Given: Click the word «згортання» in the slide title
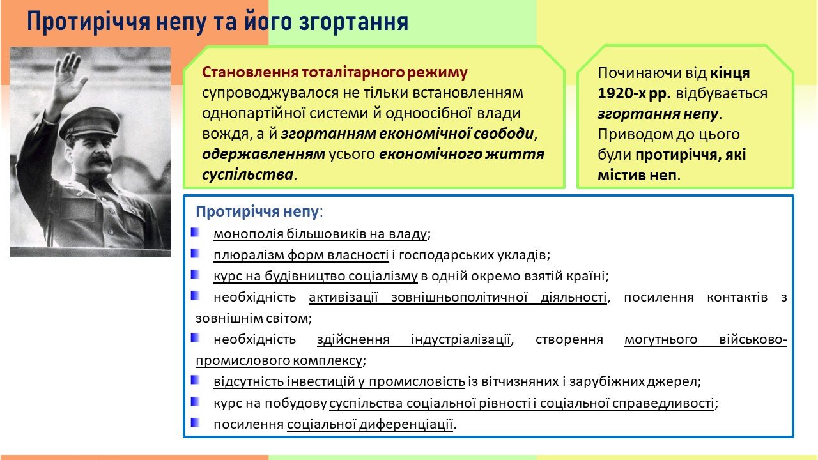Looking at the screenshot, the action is point(353,22).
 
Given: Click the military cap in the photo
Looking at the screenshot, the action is point(89,123).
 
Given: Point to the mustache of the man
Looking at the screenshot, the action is point(98,159).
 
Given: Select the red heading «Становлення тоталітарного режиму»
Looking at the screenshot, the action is point(334,72).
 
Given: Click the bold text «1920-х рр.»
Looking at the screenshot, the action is point(634,93).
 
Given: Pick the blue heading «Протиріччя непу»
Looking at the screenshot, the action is point(257,211).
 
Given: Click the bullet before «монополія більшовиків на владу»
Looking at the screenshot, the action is point(195,233).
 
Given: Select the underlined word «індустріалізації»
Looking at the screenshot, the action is point(461,339).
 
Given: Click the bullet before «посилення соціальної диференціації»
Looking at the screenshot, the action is point(195,423).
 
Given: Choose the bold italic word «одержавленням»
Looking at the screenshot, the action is point(263,154).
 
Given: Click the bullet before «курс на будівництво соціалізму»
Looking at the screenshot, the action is point(195,274).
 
